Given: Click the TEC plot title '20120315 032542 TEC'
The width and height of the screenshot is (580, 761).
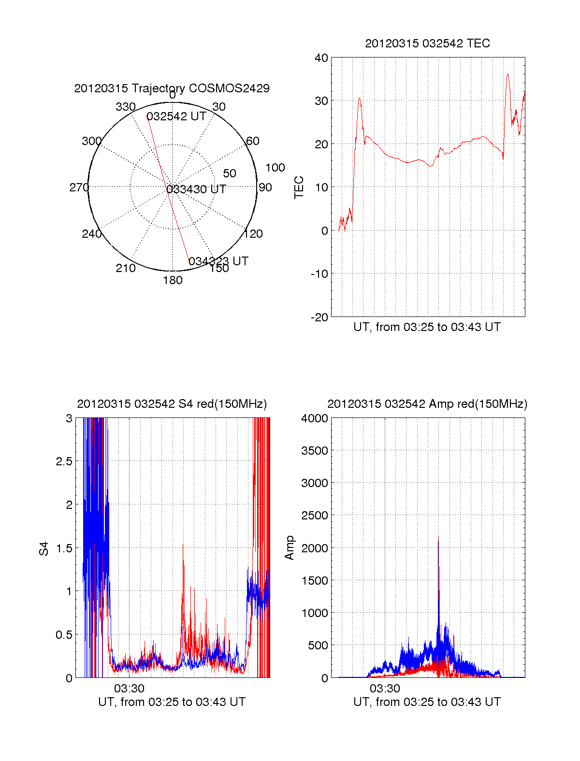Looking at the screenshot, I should (427, 43).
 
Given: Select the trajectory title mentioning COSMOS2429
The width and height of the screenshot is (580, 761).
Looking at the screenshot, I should (172, 88).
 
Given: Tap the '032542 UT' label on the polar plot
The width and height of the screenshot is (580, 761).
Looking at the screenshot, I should (176, 116).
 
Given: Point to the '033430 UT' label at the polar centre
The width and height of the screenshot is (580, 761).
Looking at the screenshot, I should (196, 189).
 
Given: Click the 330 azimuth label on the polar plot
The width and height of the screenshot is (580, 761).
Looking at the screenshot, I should (125, 107).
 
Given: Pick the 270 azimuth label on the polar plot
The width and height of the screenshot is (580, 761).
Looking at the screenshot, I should (79, 187).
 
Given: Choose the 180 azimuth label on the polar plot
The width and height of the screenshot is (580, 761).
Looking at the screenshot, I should (173, 280).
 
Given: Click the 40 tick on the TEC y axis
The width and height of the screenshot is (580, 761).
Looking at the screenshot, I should (321, 58).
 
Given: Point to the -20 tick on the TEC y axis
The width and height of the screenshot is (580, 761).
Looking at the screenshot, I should (319, 317).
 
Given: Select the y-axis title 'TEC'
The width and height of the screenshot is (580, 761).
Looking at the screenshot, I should (299, 187).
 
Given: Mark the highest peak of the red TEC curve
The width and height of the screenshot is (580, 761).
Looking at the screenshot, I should (507, 74).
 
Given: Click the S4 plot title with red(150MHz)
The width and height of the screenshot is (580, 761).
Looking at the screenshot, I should (172, 404).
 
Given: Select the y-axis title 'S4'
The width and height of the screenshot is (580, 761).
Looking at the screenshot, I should (44, 549).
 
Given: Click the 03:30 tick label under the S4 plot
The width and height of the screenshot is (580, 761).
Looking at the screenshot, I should (129, 688).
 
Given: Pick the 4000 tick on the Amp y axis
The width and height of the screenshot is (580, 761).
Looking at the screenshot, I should (315, 418).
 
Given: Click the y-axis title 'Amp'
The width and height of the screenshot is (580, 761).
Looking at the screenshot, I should (290, 548).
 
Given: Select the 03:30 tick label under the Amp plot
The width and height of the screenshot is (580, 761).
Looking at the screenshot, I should (385, 688).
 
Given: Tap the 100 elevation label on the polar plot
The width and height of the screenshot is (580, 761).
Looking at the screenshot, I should (275, 168).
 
